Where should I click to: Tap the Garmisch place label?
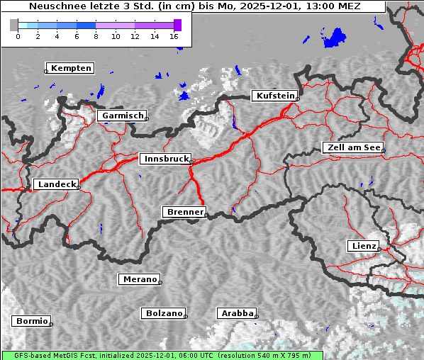(123, 116)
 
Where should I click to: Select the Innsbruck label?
(165, 159)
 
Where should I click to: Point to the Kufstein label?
(275, 96)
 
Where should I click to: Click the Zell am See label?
(353, 147)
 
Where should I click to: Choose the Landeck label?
(56, 184)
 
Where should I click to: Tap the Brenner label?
(185, 212)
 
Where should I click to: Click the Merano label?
(140, 279)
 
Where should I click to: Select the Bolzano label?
(164, 313)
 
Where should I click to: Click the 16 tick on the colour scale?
(174, 36)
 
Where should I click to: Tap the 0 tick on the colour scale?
(18, 36)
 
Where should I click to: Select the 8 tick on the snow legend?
(96, 36)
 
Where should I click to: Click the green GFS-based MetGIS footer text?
(162, 355)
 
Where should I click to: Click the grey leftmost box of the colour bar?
(14, 25)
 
